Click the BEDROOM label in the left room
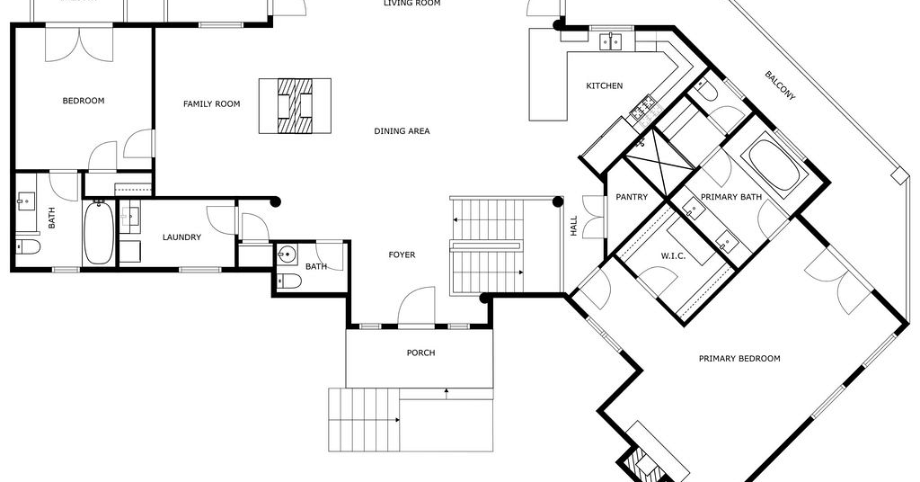84,101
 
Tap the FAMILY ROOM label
212,104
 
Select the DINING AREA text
402,131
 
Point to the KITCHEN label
605,85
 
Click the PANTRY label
632,197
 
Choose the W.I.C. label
673,256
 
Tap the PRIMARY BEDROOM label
739,358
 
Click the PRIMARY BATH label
731,197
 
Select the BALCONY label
780,85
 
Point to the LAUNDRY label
181,237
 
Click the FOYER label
402,254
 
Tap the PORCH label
421,353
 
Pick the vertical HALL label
574,226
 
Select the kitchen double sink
611,41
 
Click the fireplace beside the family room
295,106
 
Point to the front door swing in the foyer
416,305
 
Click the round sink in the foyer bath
287,254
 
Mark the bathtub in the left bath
98,233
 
